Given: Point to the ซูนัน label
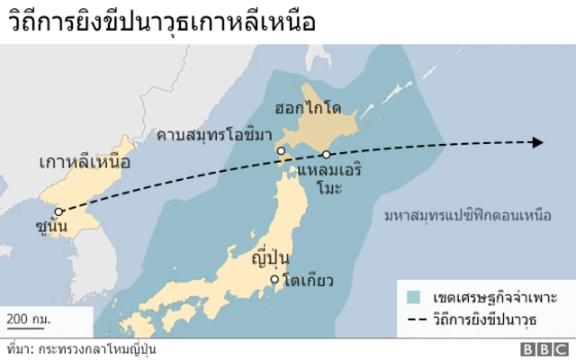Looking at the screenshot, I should (53, 226).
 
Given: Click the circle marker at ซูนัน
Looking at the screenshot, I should (58, 212).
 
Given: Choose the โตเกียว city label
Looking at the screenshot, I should (307, 281).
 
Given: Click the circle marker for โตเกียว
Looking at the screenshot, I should (276, 280).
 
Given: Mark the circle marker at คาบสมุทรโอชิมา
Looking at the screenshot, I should (282, 150).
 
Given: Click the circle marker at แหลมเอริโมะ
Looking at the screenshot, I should (327, 155).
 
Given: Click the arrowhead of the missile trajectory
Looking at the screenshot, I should (536, 142).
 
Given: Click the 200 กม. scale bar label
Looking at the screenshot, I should (30, 319).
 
